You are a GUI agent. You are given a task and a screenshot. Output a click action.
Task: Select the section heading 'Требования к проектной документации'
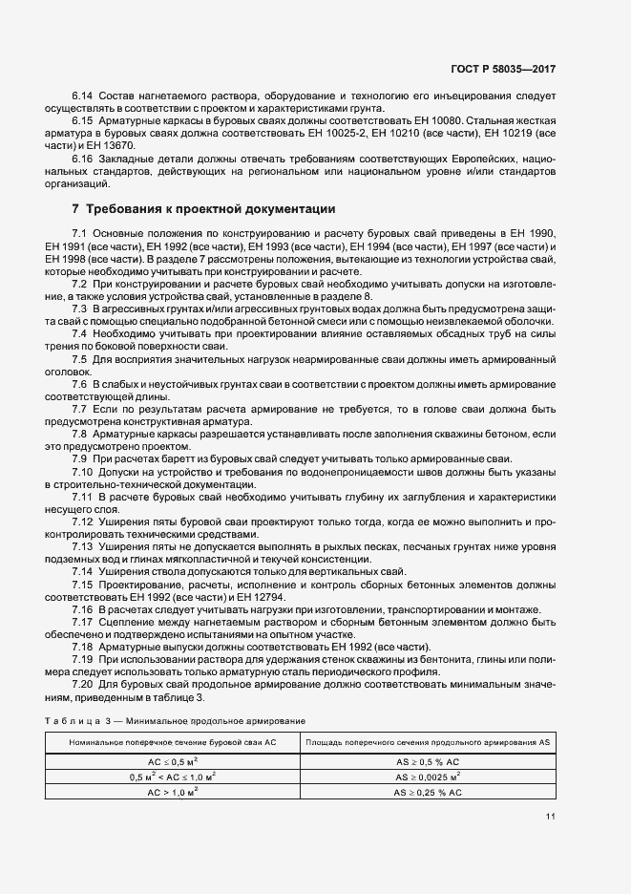click(x=208, y=208)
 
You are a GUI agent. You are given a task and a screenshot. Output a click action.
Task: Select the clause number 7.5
click(x=81, y=358)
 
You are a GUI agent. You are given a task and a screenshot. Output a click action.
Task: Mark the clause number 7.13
click(x=84, y=547)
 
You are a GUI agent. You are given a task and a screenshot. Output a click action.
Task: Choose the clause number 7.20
click(x=84, y=684)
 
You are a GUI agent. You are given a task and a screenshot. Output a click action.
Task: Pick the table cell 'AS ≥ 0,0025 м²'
click(x=428, y=777)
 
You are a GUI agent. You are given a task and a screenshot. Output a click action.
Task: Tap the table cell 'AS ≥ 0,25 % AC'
click(x=428, y=792)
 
